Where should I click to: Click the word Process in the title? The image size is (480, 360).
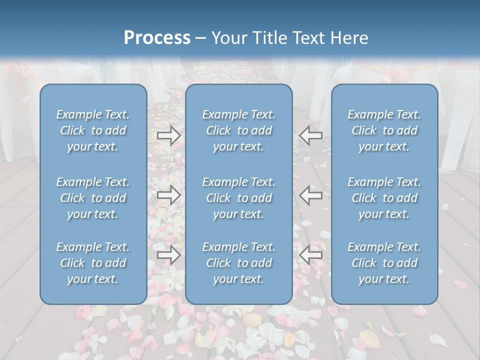pyautogui.click(x=157, y=38)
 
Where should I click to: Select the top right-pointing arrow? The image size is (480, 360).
pyautogui.click(x=168, y=135)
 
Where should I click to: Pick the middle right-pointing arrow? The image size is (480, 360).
pyautogui.click(x=168, y=195)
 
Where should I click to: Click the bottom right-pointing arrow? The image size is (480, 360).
pyautogui.click(x=168, y=255)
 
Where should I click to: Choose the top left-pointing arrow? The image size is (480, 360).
pyautogui.click(x=311, y=135)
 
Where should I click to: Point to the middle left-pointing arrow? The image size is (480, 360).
pyautogui.click(x=311, y=195)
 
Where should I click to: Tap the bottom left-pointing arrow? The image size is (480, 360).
pyautogui.click(x=311, y=255)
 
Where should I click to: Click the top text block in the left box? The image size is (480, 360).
pyautogui.click(x=93, y=130)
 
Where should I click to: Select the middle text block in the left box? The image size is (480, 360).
pyautogui.click(x=93, y=198)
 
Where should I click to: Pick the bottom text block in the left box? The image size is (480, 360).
pyautogui.click(x=93, y=263)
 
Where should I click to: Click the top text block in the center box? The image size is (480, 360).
pyautogui.click(x=239, y=130)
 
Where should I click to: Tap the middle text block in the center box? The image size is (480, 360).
pyautogui.click(x=239, y=198)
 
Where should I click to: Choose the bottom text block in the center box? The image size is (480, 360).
pyautogui.click(x=239, y=263)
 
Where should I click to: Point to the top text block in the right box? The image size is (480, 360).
pyautogui.click(x=384, y=130)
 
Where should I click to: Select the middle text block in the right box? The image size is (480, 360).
pyautogui.click(x=384, y=198)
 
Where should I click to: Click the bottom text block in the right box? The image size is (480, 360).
pyautogui.click(x=384, y=263)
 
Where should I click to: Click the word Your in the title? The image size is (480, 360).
pyautogui.click(x=229, y=38)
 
